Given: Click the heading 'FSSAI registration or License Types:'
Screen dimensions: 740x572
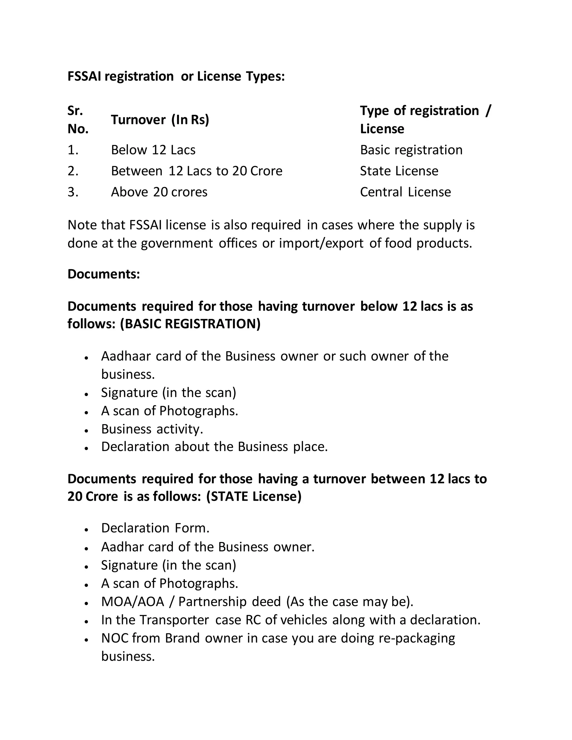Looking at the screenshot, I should pyautogui.click(x=176, y=77).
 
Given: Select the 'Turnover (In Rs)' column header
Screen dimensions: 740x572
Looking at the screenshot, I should pyautogui.click(x=160, y=120).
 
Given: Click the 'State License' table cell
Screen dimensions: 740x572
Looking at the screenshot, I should pyautogui.click(x=399, y=171).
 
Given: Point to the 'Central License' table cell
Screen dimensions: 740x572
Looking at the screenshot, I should pyautogui.click(x=405, y=192).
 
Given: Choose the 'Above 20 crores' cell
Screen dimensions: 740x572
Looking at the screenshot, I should pyautogui.click(x=159, y=192).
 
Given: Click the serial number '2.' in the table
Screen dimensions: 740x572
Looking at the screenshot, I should pyautogui.click(x=73, y=171).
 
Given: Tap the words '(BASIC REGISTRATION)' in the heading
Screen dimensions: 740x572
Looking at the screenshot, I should pyautogui.click(x=190, y=324).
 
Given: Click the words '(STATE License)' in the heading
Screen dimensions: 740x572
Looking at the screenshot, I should pyautogui.click(x=254, y=496).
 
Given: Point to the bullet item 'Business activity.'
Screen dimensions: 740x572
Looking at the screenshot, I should pyautogui.click(x=152, y=429).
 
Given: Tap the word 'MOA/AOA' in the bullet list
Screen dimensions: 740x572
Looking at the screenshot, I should pyautogui.click(x=132, y=602).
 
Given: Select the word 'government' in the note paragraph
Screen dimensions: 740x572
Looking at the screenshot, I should pyautogui.click(x=177, y=243).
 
